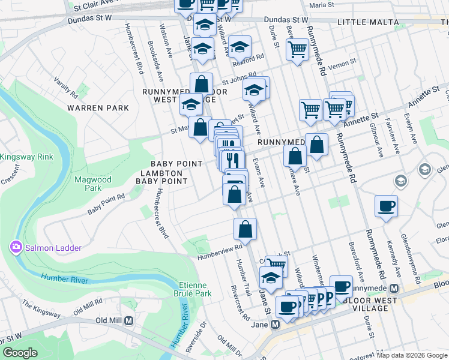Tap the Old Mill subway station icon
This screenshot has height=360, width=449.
point(128,320)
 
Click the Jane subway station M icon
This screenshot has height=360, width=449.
point(276,325)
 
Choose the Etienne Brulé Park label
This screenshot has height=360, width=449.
point(195,289)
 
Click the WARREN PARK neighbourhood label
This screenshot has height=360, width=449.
point(98,108)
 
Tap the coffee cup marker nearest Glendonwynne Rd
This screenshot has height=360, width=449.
point(386,206)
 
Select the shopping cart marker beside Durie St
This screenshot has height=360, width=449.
point(297,49)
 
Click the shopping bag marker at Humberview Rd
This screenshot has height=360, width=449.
point(245,229)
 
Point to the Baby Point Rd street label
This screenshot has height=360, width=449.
point(106,204)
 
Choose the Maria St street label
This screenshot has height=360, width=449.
point(322,5)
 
